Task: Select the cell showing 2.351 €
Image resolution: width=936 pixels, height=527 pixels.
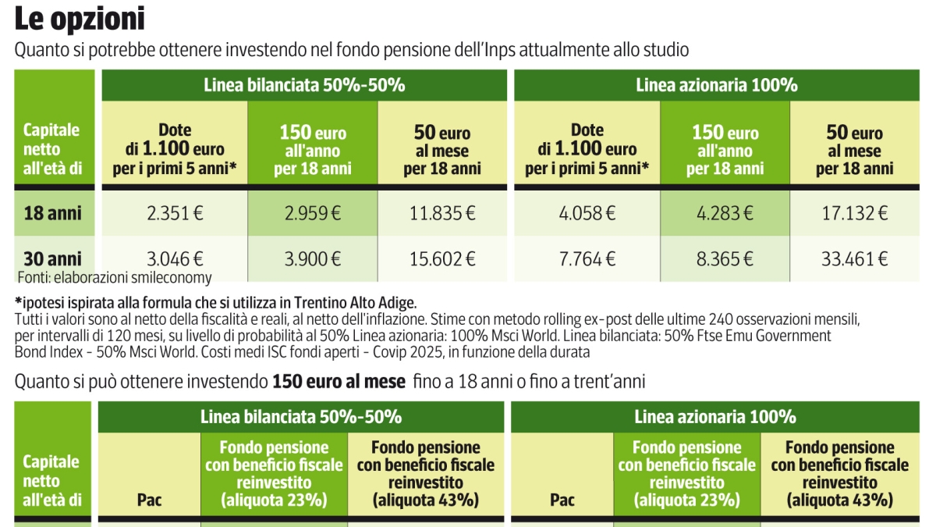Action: pos(175,213)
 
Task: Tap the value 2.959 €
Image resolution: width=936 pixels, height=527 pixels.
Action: pos(312,213)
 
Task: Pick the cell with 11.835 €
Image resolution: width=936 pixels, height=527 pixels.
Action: pos(441,213)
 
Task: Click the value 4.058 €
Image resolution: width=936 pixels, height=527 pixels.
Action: pos(587,213)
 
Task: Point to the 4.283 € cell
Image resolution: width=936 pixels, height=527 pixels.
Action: pos(725,213)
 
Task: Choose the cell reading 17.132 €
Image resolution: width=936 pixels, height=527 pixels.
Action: pos(855,213)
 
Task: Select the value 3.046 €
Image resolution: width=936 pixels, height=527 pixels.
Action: pos(175,259)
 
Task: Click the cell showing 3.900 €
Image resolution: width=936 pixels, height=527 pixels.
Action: pos(312,259)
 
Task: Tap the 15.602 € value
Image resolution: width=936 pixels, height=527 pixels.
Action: pos(441,259)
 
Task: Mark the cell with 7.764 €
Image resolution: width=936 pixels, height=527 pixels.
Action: pos(587,259)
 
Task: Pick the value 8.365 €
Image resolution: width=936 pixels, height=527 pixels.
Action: pos(725,259)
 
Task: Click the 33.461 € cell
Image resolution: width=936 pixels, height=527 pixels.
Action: pos(855,259)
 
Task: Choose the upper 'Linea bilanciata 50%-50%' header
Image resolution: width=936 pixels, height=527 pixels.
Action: pos(304,85)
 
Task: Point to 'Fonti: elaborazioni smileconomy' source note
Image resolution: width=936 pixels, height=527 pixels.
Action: pos(114,277)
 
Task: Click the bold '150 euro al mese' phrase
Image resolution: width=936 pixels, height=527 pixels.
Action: pos(339,382)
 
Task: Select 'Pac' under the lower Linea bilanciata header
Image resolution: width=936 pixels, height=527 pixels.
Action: pos(148,500)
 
